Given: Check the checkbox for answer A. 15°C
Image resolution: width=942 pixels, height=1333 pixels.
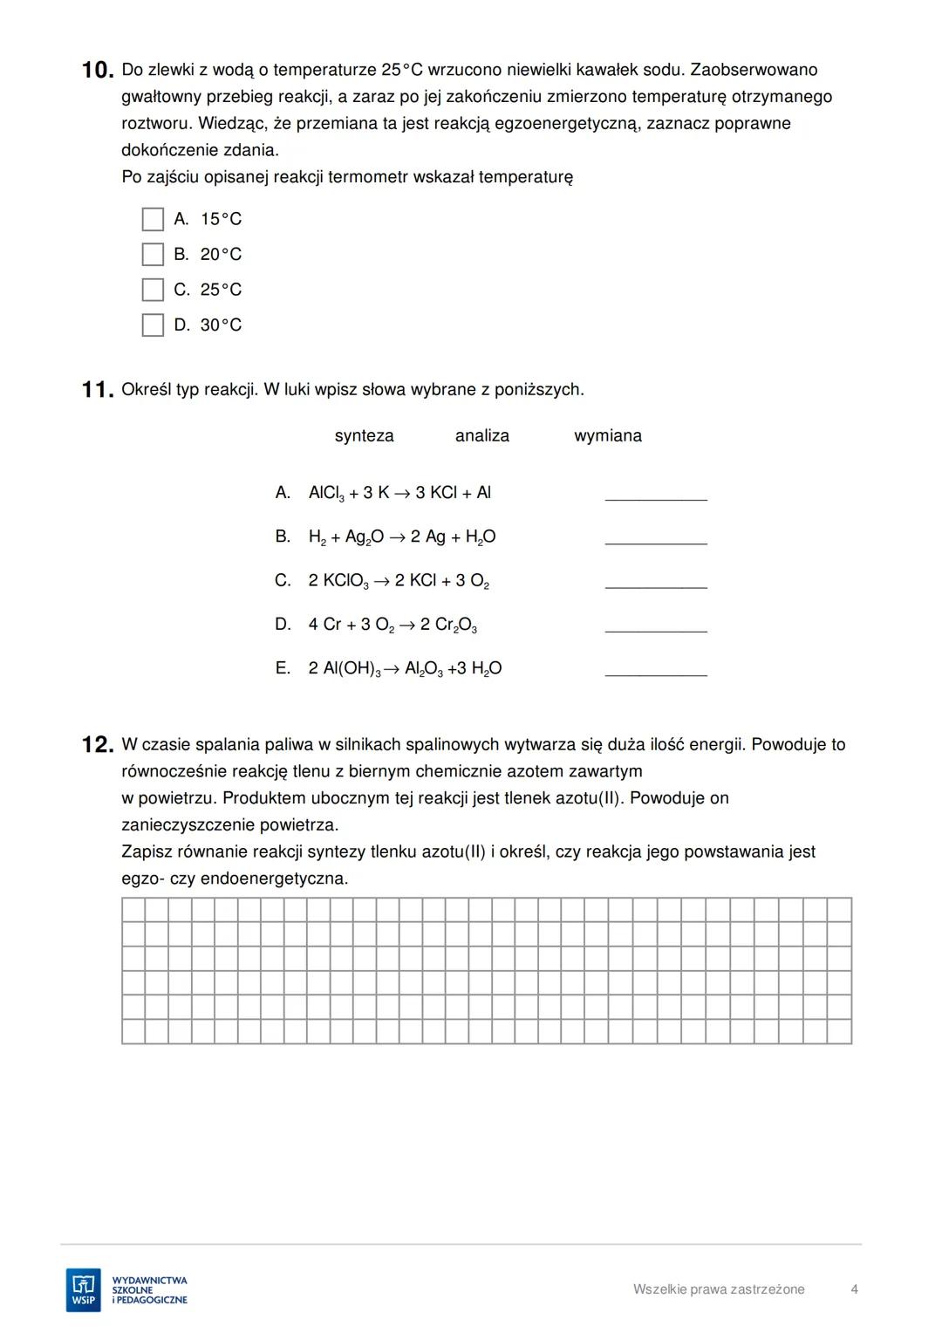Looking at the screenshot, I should [153, 219].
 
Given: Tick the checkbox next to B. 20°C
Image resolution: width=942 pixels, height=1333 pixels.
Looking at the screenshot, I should [153, 255].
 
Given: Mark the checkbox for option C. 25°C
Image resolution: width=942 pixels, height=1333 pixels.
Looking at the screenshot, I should [153, 290].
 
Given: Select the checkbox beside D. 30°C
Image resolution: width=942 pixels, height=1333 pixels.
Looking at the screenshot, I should [153, 325].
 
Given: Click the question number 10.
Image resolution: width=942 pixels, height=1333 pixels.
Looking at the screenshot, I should [97, 71].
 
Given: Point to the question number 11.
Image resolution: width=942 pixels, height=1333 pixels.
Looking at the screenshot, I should [97, 391].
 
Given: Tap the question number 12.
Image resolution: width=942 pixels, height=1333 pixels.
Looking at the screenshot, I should [97, 746].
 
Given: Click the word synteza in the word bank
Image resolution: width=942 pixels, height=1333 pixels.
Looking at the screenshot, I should [364, 436].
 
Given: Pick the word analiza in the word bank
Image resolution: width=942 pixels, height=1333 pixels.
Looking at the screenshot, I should [481, 436].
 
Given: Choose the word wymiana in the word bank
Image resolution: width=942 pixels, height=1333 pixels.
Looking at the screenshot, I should [607, 436].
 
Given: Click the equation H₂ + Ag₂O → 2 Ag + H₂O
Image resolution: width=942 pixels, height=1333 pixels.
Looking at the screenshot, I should [401, 537].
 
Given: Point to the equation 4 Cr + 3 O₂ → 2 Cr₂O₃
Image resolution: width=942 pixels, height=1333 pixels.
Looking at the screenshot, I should [392, 625].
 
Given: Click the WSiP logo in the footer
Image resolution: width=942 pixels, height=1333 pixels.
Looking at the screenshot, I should [84, 1290].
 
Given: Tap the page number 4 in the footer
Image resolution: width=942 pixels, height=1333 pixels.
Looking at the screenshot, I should [854, 1289].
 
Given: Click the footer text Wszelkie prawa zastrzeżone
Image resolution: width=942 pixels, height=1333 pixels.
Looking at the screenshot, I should [719, 1289].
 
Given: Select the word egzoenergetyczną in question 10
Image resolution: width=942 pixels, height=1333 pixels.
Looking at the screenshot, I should [566, 124].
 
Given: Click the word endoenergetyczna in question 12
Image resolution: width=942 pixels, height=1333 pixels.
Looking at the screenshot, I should [274, 879].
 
